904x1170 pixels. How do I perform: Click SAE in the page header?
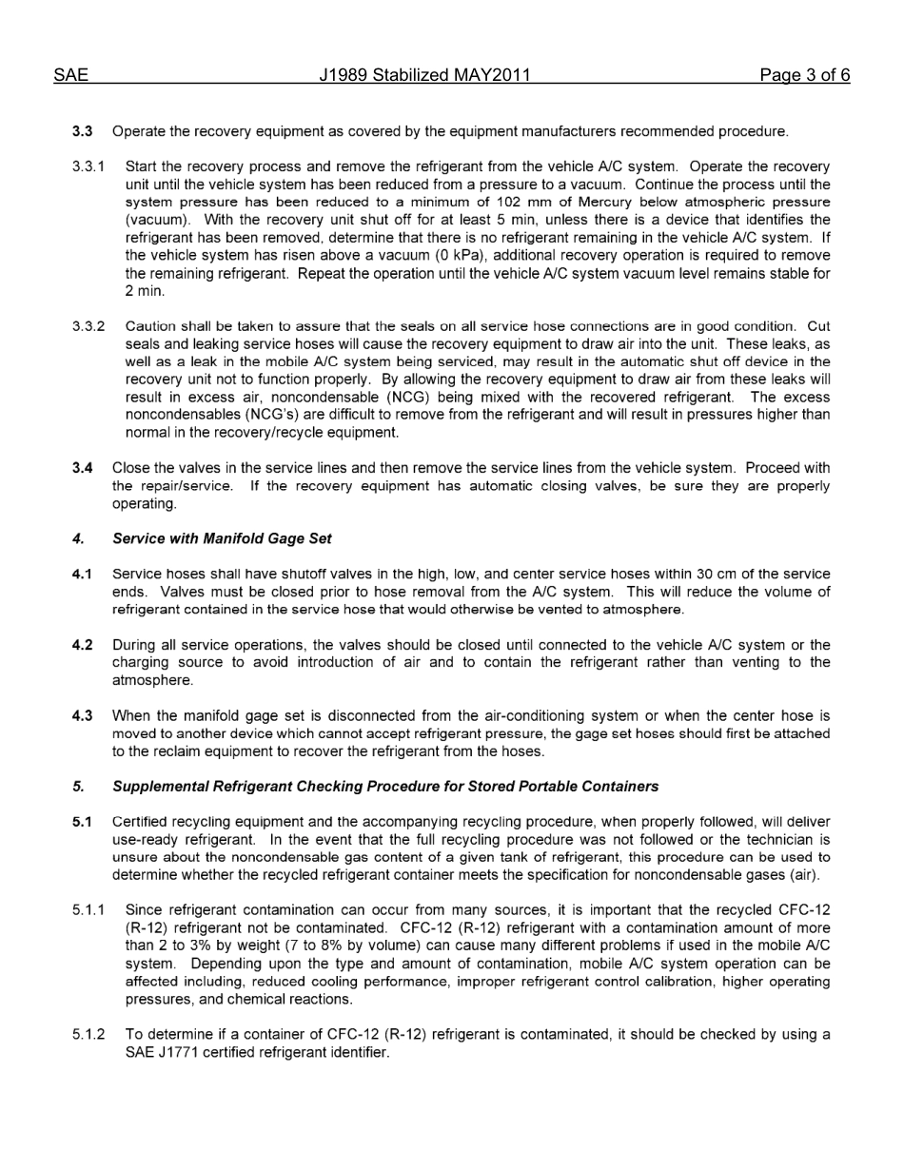pyautogui.click(x=70, y=75)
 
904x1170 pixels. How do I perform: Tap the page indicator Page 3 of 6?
pyautogui.click(x=804, y=75)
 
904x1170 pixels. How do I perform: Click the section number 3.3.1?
pyautogui.click(x=88, y=166)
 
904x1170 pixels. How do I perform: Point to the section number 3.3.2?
pyautogui.click(x=88, y=326)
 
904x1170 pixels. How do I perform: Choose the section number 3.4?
pyautogui.click(x=83, y=468)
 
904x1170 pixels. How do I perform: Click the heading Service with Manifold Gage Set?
pyautogui.click(x=222, y=538)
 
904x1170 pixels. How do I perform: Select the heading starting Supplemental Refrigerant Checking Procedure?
pyautogui.click(x=384, y=787)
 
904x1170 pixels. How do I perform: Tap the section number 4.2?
pyautogui.click(x=83, y=645)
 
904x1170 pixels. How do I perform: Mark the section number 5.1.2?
pyautogui.click(x=88, y=1034)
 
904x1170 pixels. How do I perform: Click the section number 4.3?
pyautogui.click(x=83, y=716)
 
